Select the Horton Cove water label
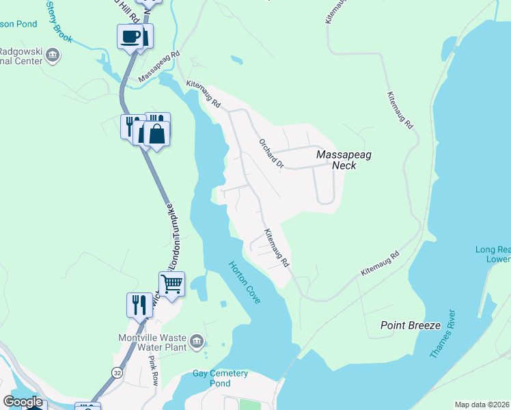244,283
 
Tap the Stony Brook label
59,21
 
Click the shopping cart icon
172,283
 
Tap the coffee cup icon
130,37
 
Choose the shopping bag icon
157,134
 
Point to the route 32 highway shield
117,372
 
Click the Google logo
23,402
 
